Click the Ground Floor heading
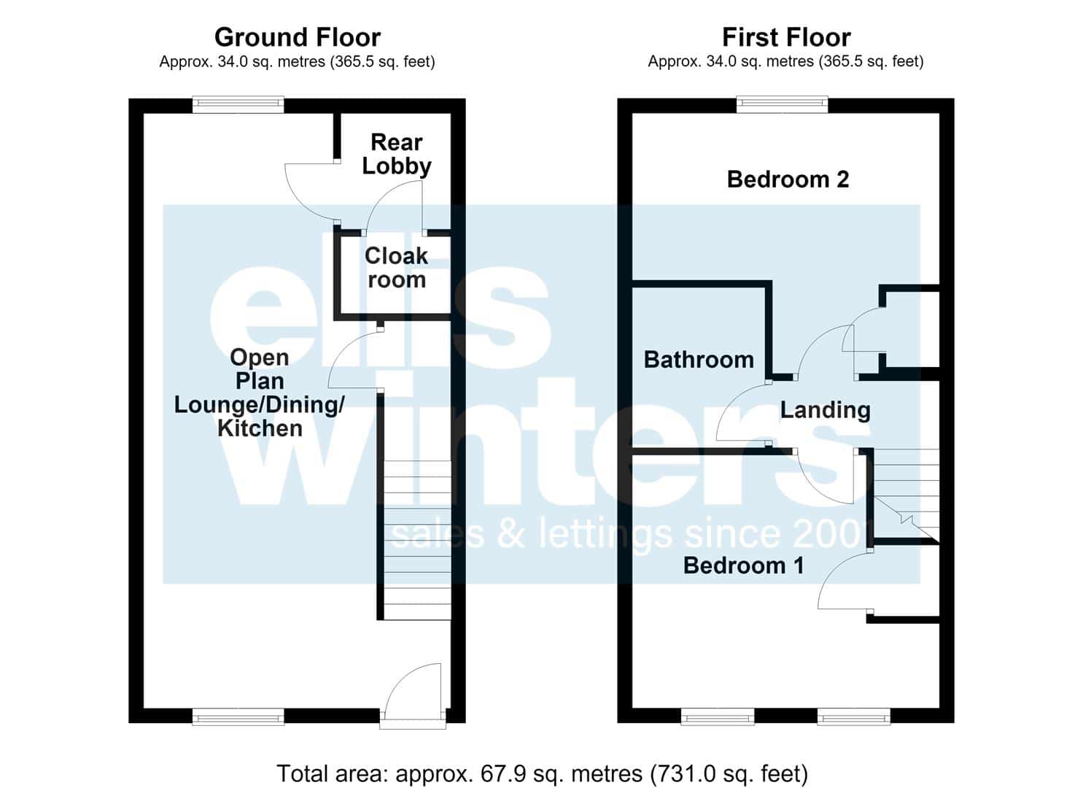pyautogui.click(x=298, y=37)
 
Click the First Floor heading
pyautogui.click(x=786, y=37)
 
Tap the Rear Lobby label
pyautogui.click(x=397, y=154)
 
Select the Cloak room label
pyautogui.click(x=397, y=268)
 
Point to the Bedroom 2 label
pyautogui.click(x=788, y=179)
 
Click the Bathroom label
pyautogui.click(x=699, y=360)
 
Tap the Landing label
pyautogui.click(x=826, y=410)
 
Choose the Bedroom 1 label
pyautogui.click(x=744, y=565)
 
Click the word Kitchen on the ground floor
pyautogui.click(x=260, y=428)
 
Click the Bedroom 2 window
pyautogui.click(x=782, y=105)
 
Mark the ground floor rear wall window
pyautogui.click(x=238, y=105)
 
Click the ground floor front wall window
pyautogui.click(x=238, y=717)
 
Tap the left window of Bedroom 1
pyautogui.click(x=718, y=717)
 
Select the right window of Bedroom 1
pyautogui.click(x=854, y=717)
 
